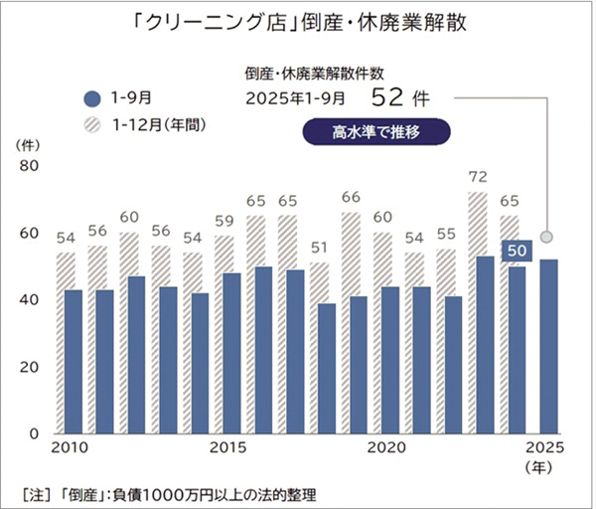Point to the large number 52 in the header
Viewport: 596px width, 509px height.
[391, 97]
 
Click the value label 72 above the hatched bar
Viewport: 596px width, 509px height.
[480, 177]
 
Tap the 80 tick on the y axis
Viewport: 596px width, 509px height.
[29, 166]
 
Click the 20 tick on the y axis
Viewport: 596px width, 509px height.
[29, 367]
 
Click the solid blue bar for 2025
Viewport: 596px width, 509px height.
[547, 346]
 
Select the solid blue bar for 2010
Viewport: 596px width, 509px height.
[73, 361]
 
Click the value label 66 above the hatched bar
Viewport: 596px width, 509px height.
[351, 197]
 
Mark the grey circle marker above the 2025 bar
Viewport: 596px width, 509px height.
[546, 239]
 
